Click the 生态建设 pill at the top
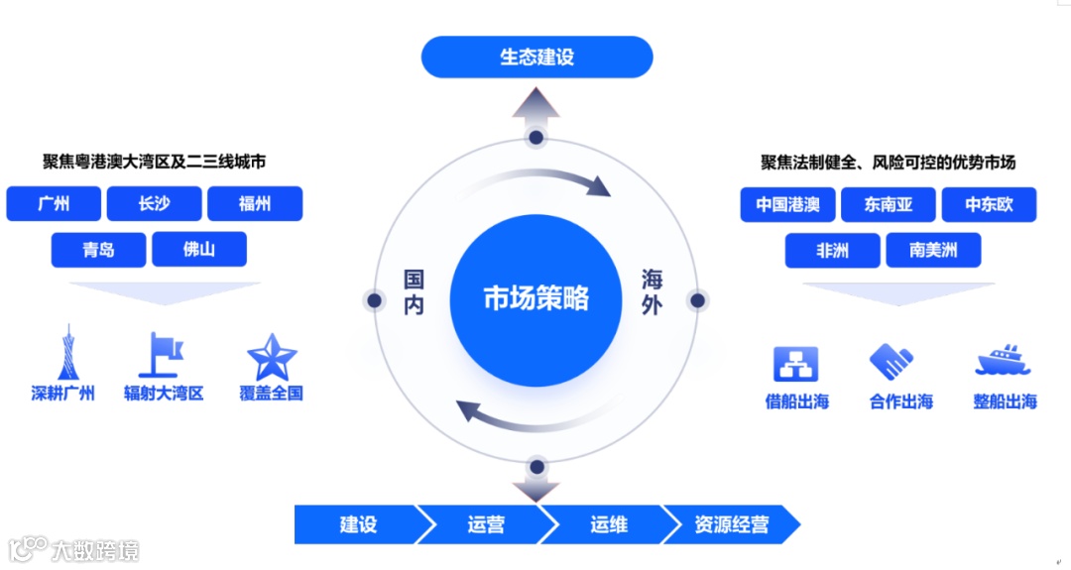pyautogui.click(x=536, y=57)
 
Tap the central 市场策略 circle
pyautogui.click(x=535, y=298)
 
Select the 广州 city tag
pyautogui.click(x=54, y=204)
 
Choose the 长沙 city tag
pyautogui.click(x=154, y=204)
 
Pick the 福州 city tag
pyautogui.click(x=255, y=204)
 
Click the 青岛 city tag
pyautogui.click(x=98, y=250)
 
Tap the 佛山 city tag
pyautogui.click(x=199, y=250)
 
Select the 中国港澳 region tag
pyautogui.click(x=787, y=205)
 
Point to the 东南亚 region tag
pyautogui.click(x=888, y=205)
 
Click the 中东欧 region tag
pyautogui.click(x=988, y=205)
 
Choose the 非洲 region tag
pyautogui.click(x=832, y=251)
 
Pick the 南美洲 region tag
pyautogui.click(x=933, y=251)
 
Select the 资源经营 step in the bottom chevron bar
pyautogui.click(x=732, y=524)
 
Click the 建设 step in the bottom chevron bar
pyautogui.click(x=358, y=524)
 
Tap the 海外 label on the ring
pyautogui.click(x=651, y=291)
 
